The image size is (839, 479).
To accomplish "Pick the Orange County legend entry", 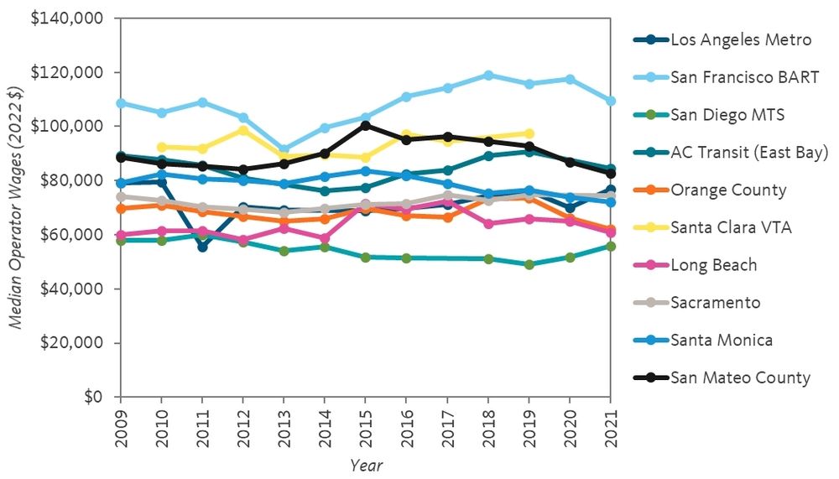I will [728, 190].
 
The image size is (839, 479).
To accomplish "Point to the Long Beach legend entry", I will [713, 265].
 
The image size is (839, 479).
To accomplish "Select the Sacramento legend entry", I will [715, 302].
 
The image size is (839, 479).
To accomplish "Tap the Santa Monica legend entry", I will [721, 340].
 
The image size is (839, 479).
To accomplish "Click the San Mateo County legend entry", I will [740, 377].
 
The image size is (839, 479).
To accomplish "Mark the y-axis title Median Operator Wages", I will [15, 207].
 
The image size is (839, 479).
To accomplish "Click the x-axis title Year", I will [366, 464].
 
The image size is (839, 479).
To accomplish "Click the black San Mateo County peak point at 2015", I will [366, 126].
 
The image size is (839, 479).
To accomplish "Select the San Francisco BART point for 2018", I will [487, 75].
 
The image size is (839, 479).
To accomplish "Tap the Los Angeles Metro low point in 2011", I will [202, 247].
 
